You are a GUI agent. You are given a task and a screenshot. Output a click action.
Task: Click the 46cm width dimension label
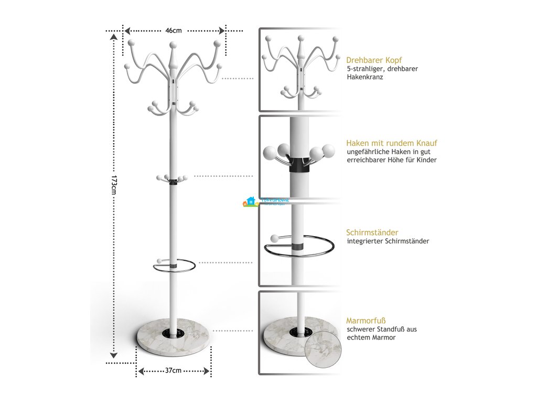pos(174,30)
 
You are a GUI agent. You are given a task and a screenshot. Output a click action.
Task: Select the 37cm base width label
pos(173,370)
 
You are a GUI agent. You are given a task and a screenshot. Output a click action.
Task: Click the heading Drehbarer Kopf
pos(374,60)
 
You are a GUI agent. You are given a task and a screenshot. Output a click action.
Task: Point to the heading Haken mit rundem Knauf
pos(392,143)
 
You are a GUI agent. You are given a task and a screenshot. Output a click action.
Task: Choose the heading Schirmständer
pos(372,232)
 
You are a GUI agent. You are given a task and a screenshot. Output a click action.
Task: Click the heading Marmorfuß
pos(363,321)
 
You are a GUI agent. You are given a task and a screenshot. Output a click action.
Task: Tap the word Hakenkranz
pos(364,77)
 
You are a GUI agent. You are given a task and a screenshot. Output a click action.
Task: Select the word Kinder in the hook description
pos(426,160)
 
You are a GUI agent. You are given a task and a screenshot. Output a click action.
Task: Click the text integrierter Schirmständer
pos(388,241)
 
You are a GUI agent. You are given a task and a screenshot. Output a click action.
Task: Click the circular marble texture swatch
pos(324,343)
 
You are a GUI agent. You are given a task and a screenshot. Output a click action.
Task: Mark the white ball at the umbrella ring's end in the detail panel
pos(273,239)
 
